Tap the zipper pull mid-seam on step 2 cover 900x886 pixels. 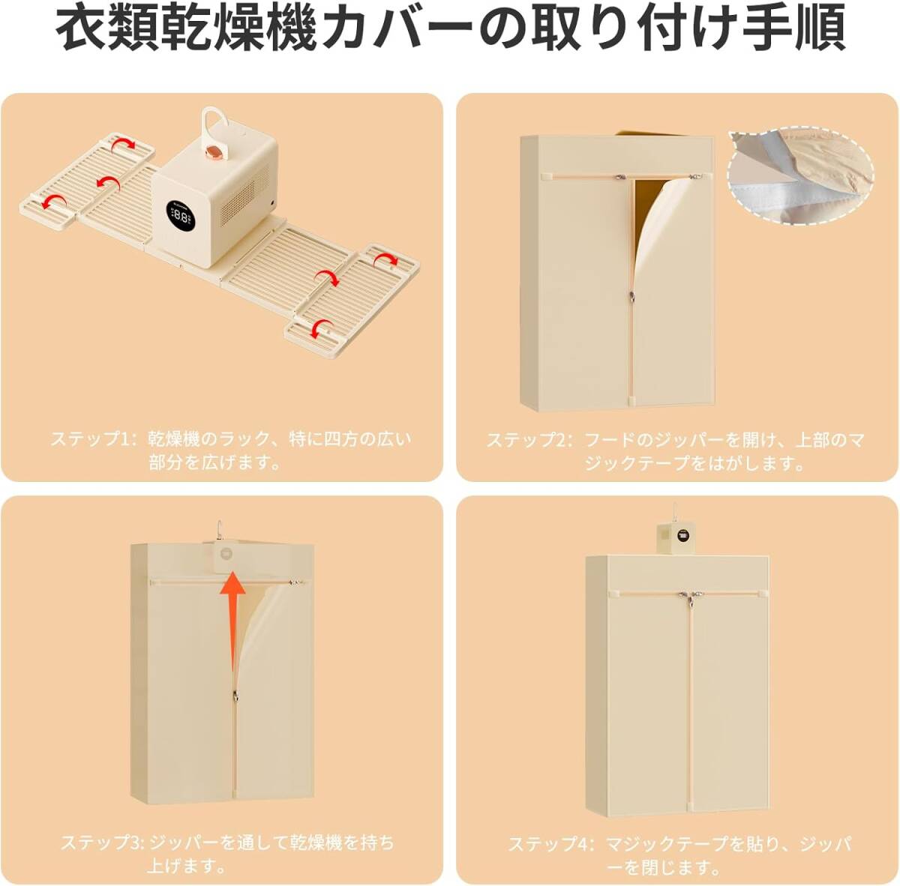coord(631,296)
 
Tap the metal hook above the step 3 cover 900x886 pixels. coord(219,530)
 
